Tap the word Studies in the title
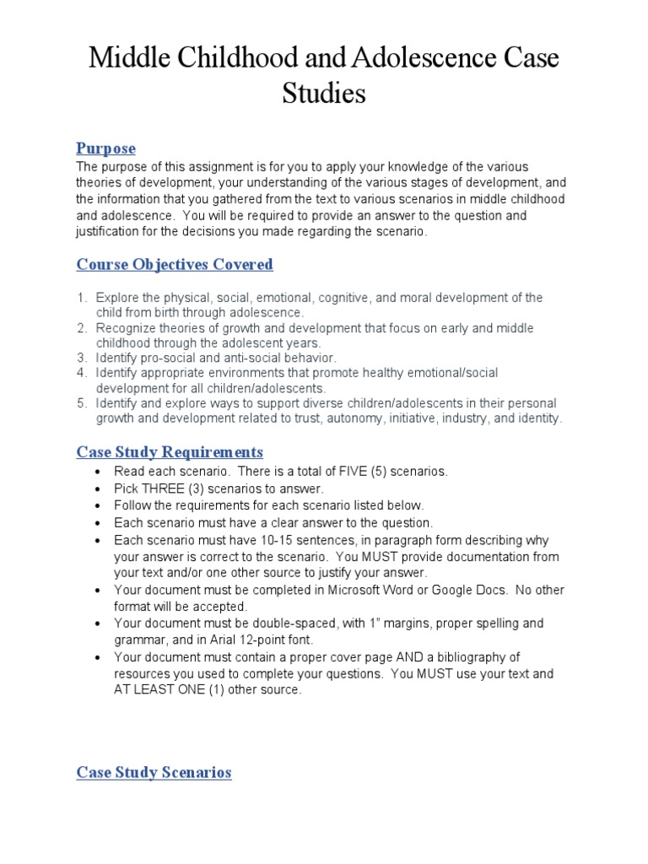pos(324,93)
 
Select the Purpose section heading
pos(105,148)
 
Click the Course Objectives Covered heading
pos(175,264)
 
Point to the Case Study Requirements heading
pos(170,451)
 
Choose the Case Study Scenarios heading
pos(154,772)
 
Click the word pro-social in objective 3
pos(169,358)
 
